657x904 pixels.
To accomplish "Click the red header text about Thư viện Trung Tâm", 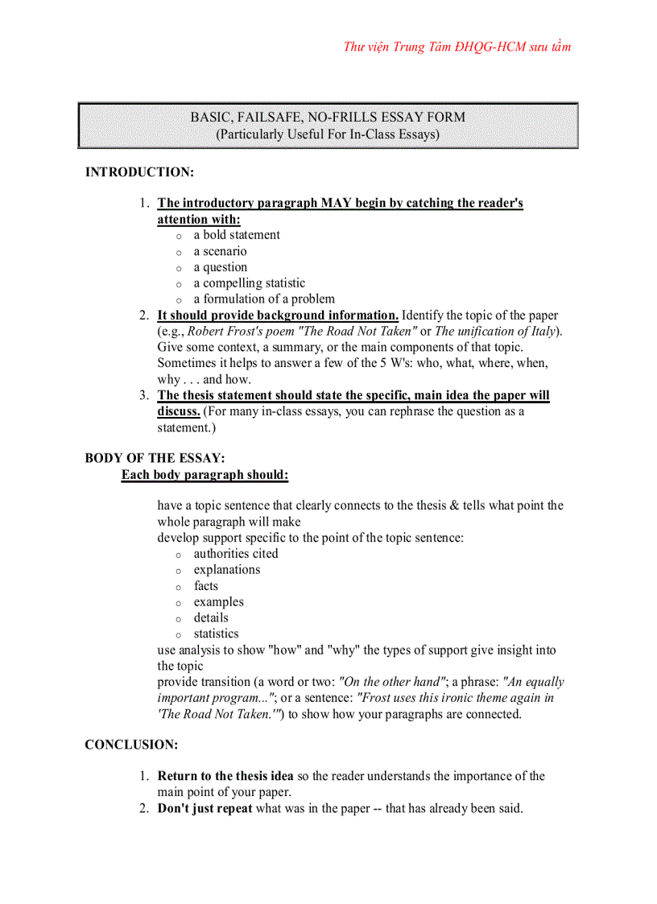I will point(457,47).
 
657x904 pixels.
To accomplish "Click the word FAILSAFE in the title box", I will point(262,117).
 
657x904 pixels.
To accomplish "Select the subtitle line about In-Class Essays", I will point(327,134).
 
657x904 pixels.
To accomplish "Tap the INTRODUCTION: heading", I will point(139,172).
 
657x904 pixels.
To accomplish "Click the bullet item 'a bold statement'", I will point(237,235).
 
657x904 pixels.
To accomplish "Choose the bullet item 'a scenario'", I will point(220,251).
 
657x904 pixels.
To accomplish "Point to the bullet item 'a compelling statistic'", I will point(249,283).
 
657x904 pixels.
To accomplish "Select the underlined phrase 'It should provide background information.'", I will point(278,316).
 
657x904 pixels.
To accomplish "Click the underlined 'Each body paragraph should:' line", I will point(205,475).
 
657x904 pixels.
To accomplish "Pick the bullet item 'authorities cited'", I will point(236,554).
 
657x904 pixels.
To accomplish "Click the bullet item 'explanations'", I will point(227,570).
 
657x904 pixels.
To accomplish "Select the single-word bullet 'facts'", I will point(206,586).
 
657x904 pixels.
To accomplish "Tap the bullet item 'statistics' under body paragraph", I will point(216,634).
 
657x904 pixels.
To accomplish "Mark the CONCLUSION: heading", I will point(131,745).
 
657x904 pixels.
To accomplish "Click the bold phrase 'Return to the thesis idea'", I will point(225,776).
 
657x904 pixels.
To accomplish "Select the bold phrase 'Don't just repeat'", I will point(205,808).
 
